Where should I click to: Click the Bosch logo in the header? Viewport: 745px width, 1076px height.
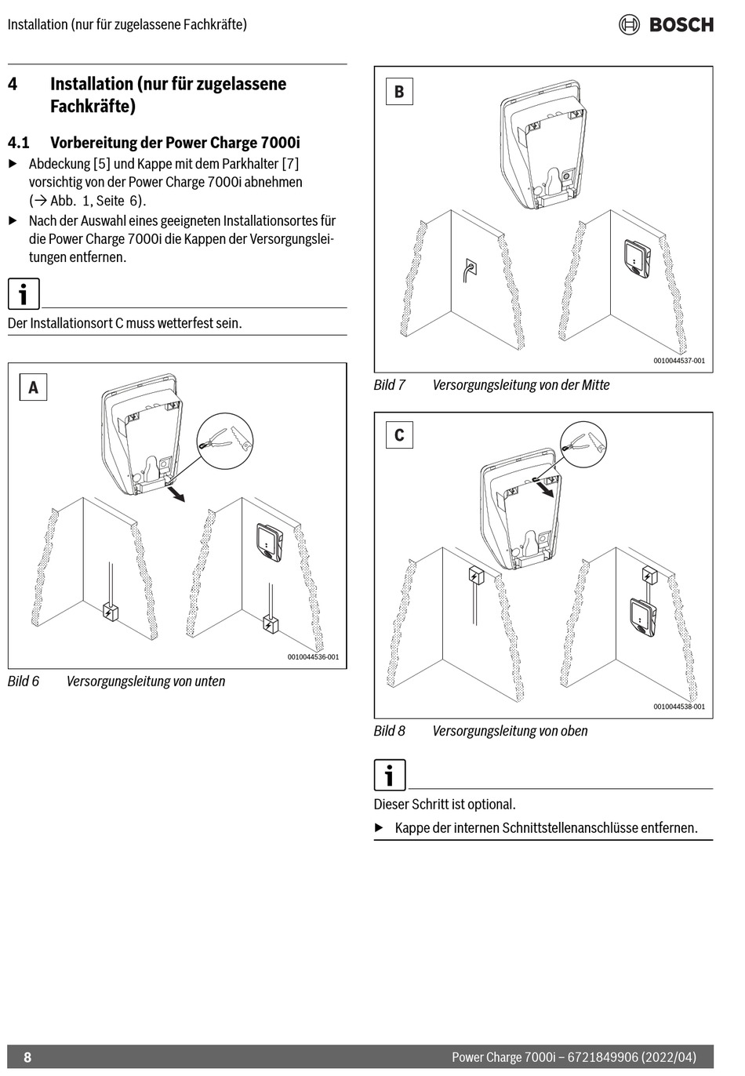(666, 24)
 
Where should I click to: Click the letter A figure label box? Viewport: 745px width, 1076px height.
(33, 387)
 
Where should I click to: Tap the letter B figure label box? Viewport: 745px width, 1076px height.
(399, 92)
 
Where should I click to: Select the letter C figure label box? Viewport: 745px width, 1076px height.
(399, 435)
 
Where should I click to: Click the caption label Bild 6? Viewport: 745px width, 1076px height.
(24, 682)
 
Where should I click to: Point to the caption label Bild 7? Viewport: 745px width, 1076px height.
(389, 385)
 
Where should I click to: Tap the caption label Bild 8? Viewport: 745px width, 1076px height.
(389, 731)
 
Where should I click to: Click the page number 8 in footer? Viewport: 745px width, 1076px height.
(27, 1057)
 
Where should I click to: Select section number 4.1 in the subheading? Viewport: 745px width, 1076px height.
(19, 143)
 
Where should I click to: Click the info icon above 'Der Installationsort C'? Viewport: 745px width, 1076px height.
(24, 294)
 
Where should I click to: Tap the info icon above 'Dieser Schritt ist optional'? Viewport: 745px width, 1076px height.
(390, 775)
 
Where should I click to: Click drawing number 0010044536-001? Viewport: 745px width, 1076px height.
(313, 657)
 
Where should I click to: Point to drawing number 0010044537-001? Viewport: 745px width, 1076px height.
(679, 361)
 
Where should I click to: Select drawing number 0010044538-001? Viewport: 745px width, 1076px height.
(679, 707)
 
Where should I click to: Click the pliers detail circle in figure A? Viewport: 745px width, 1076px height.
(224, 442)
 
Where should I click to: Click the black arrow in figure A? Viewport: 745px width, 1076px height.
(178, 493)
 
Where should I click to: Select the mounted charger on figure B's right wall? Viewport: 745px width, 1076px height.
(637, 257)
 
